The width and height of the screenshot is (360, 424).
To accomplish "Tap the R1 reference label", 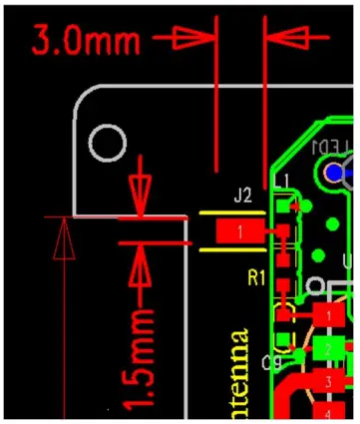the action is coord(257,275).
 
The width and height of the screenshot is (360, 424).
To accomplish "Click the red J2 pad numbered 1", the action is coord(240,232).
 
